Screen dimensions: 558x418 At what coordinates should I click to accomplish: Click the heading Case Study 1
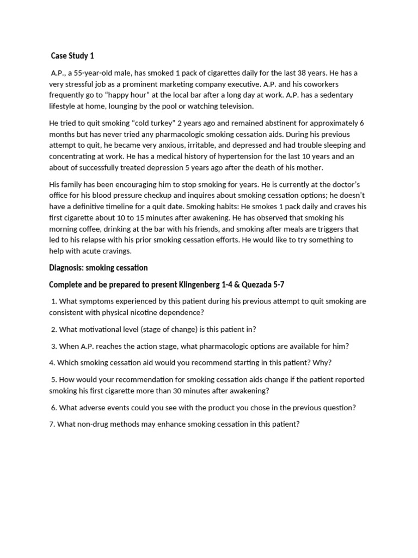click(72, 56)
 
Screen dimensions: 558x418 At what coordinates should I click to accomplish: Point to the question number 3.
click(54, 346)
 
